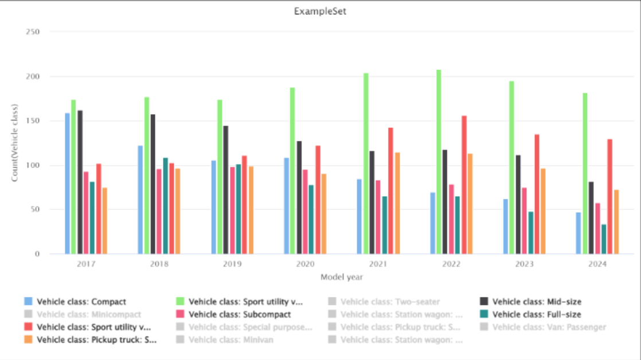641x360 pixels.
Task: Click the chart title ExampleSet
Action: pyautogui.click(x=320, y=11)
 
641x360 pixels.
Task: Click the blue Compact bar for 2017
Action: pyautogui.click(x=67, y=183)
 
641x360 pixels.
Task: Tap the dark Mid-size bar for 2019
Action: pyautogui.click(x=226, y=190)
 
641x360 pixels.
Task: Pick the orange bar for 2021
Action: pyautogui.click(x=397, y=203)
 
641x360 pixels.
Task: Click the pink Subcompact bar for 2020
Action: pyautogui.click(x=306, y=212)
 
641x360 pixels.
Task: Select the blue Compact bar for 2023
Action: pyautogui.click(x=506, y=226)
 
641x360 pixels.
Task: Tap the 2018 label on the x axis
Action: pyautogui.click(x=159, y=264)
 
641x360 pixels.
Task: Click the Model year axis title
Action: pyautogui.click(x=342, y=277)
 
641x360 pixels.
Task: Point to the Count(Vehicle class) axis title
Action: pyautogui.click(x=15, y=143)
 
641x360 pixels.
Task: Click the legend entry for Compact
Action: pyautogui.click(x=81, y=302)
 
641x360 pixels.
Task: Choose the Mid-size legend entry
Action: pyautogui.click(x=537, y=302)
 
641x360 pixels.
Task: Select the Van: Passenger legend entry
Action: pyautogui.click(x=549, y=327)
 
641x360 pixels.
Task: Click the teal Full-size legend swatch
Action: pyautogui.click(x=484, y=314)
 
